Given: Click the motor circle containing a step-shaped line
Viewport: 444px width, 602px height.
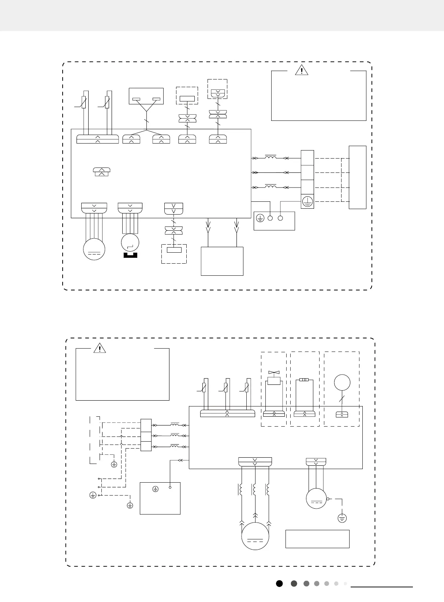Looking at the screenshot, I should pyautogui.click(x=130, y=242).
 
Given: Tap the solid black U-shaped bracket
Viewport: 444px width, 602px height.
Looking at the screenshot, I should pyautogui.click(x=130, y=255).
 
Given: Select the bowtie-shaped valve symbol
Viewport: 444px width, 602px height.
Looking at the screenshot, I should pyautogui.click(x=274, y=372).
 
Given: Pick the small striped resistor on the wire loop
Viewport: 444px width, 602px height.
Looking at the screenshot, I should pyautogui.click(x=304, y=380).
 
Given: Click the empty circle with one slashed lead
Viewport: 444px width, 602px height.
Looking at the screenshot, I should pyautogui.click(x=342, y=383).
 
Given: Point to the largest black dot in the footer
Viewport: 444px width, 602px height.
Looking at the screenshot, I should pyautogui.click(x=279, y=583).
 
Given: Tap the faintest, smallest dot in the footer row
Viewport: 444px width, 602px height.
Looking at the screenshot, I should pyautogui.click(x=345, y=583).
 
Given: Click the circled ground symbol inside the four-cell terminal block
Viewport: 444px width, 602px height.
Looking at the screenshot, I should pyautogui.click(x=307, y=201).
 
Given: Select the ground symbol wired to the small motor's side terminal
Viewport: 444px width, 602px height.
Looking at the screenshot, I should pyautogui.click(x=342, y=518).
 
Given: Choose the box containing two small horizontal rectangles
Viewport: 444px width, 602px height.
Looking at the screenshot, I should pyautogui.click(x=146, y=96).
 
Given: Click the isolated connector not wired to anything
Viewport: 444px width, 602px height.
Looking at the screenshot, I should pyautogui.click(x=102, y=172).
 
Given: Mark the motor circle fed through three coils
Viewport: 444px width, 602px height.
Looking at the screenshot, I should pyautogui.click(x=255, y=536).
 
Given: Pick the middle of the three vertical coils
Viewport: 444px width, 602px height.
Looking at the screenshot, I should pyautogui.click(x=254, y=490).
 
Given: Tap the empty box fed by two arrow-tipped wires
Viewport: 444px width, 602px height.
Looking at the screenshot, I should pyautogui.click(x=222, y=261).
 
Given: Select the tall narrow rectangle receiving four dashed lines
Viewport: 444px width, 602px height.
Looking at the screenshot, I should pyautogui.click(x=358, y=177).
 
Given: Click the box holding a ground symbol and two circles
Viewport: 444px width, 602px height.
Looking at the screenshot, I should pyautogui.click(x=274, y=221).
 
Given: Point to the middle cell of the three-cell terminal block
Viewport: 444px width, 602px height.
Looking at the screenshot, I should pyautogui.click(x=146, y=436).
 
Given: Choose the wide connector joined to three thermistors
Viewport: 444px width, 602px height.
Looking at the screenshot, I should pyautogui.click(x=227, y=413).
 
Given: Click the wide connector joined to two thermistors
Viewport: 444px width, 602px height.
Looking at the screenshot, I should pyautogui.click(x=97, y=139).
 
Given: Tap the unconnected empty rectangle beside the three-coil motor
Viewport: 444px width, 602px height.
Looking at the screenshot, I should pyautogui.click(x=317, y=539).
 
